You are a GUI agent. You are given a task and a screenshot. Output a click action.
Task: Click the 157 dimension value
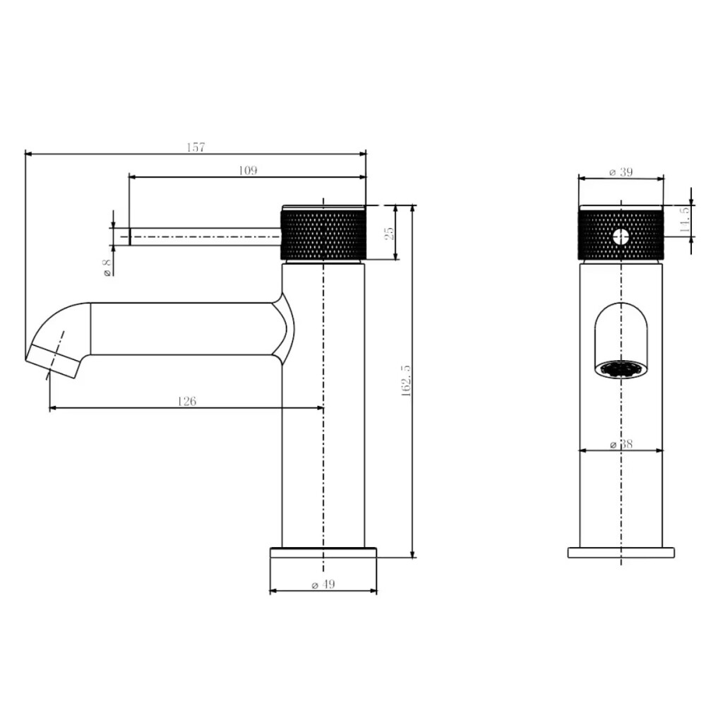coord(196,148)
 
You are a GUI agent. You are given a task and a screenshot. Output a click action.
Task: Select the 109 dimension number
coord(248,170)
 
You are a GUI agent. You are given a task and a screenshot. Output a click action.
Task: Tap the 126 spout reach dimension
coord(187,401)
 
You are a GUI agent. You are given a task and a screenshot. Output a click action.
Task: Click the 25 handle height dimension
coord(389,233)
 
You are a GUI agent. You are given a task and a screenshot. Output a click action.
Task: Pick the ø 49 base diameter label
coord(323,585)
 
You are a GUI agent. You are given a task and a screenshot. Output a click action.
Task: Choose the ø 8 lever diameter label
coord(107,268)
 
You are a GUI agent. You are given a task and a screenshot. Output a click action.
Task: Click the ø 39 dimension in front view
coord(621,172)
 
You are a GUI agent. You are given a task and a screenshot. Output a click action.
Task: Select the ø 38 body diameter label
coord(621,444)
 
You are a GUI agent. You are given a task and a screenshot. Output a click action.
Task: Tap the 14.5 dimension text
coord(684,220)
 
